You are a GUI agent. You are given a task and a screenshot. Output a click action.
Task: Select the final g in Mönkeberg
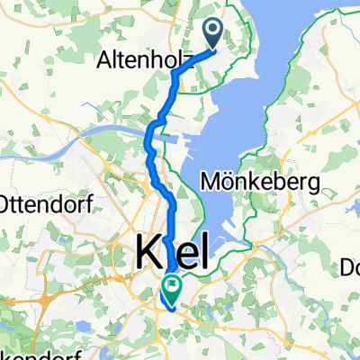pyautogui.click(x=315, y=184)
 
